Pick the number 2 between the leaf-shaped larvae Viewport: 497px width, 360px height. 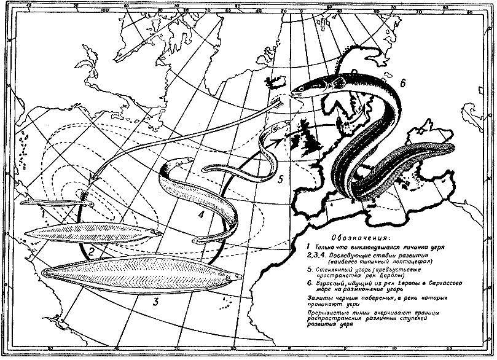pyautogui.click(x=92, y=251)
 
